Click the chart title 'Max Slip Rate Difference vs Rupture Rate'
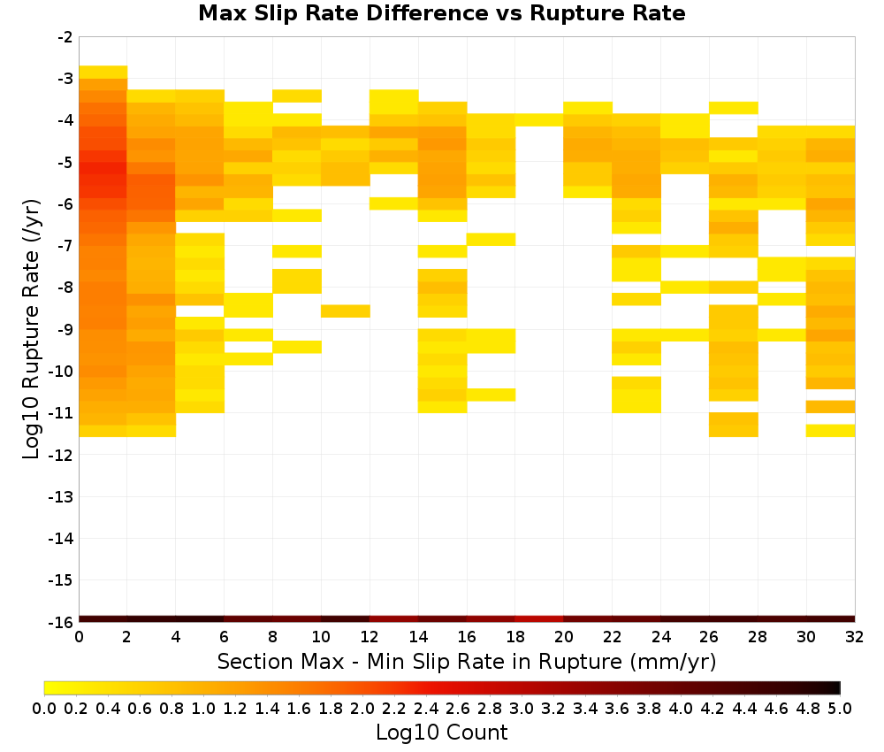tap(441, 13)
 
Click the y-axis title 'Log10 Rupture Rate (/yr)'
tap(32, 329)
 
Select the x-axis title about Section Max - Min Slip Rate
tap(466, 661)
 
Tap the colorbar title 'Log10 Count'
tap(441, 733)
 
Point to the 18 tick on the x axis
tap(514, 638)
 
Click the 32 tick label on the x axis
tap(854, 638)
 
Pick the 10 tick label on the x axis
tap(321, 638)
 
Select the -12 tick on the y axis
tap(61, 455)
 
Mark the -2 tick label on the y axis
tap(65, 37)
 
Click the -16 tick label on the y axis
tap(61, 622)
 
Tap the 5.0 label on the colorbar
tap(840, 708)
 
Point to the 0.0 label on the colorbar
tap(44, 708)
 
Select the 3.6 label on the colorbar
tap(617, 708)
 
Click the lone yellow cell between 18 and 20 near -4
tap(539, 119)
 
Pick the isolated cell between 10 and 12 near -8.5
tap(345, 311)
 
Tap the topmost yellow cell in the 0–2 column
tap(103, 73)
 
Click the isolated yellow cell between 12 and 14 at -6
tap(394, 203)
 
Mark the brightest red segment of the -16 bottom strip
tap(539, 619)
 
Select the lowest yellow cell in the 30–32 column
tap(830, 431)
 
